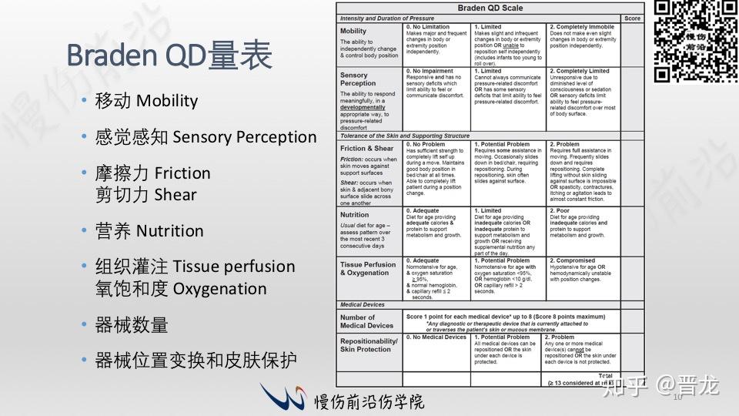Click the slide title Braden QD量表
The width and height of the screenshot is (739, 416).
tap(169, 55)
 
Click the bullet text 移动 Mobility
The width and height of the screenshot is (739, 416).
tap(146, 101)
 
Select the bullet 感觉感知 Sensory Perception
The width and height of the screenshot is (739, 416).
tap(206, 137)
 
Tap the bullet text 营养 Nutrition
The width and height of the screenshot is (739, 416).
tap(149, 231)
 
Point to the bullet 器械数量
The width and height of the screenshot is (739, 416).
tap(131, 325)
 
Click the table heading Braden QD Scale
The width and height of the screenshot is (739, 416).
tap(490, 8)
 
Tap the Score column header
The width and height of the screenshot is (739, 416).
tap(632, 18)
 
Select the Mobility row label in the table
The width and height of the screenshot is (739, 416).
tap(354, 31)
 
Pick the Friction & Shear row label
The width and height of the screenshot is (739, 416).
tap(367, 148)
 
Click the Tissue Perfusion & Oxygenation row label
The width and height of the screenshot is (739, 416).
tap(368, 269)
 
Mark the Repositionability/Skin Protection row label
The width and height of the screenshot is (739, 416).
tap(369, 344)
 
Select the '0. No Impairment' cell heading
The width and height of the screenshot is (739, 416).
tap(436, 71)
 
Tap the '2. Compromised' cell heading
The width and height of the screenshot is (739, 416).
tap(575, 260)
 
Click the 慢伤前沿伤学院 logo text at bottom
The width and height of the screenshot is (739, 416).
tap(369, 401)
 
